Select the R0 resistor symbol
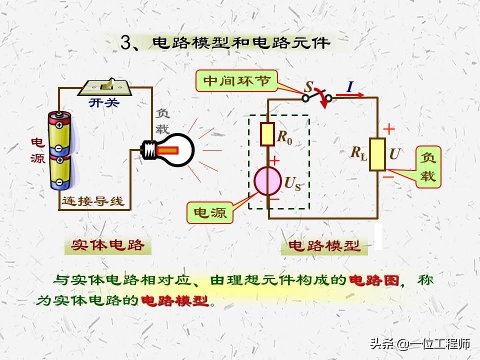268,134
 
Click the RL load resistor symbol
377,154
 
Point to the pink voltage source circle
268,180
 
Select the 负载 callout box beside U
428,168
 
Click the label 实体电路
108,245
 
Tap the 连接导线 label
92,201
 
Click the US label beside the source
292,184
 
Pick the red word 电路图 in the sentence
374,280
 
